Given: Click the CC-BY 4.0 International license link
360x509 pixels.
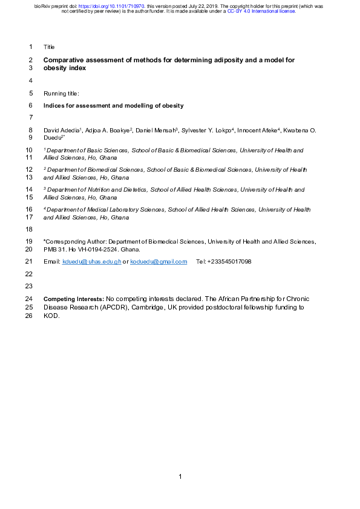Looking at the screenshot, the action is (x=261, y=11).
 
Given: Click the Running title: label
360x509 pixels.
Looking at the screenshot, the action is (x=62, y=94).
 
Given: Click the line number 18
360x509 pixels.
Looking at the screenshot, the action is (x=30, y=229).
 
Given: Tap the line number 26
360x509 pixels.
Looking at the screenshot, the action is (x=30, y=316).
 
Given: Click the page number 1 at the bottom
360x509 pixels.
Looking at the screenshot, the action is (x=180, y=478).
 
